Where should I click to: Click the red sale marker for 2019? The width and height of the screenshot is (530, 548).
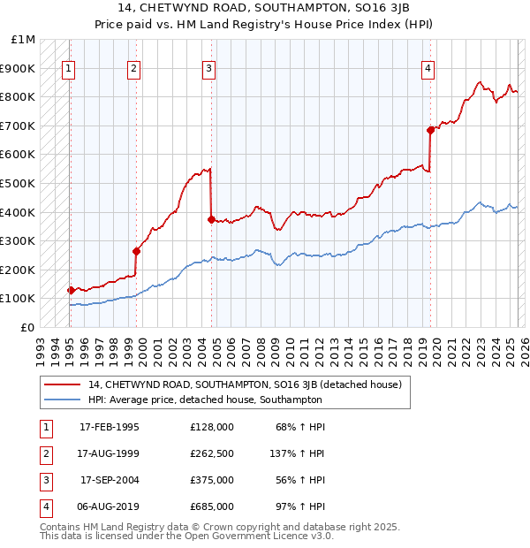430,130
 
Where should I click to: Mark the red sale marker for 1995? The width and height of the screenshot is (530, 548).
71,290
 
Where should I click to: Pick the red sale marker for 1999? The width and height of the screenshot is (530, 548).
136,251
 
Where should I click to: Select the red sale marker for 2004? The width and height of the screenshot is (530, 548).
210,219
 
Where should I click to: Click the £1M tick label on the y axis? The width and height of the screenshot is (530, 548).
24,40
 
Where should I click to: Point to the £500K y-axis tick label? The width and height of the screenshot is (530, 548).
19,184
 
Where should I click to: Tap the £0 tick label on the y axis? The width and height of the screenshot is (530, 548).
28,327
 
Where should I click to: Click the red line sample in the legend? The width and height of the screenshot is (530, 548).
62,384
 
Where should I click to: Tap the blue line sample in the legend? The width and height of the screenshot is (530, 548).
62,400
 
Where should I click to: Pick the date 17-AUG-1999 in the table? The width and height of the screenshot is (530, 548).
110,453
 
